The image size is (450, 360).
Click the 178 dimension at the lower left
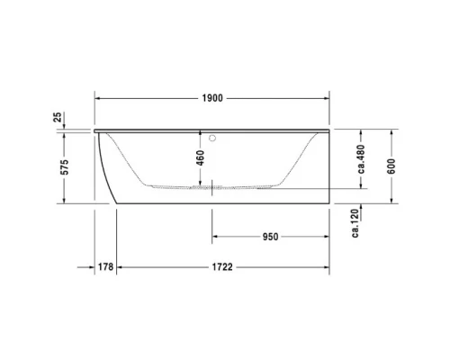click(105, 267)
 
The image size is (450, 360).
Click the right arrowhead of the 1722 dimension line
click(328, 267)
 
